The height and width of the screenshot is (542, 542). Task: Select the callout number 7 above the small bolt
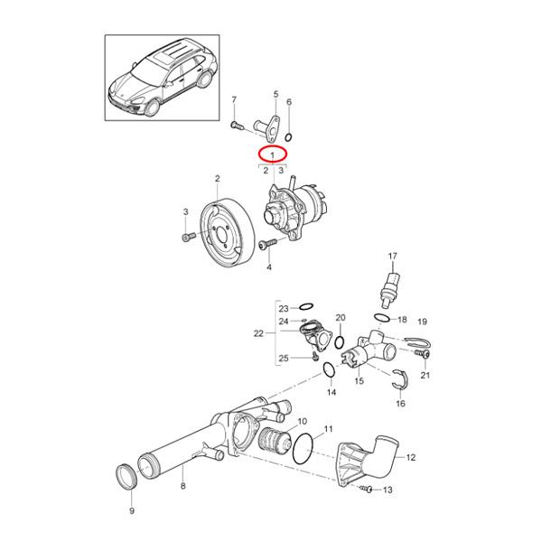point(234,99)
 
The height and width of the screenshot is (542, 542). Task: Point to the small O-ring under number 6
point(289,136)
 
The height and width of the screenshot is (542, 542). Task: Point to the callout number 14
point(331,394)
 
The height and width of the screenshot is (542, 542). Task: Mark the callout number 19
point(421,322)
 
